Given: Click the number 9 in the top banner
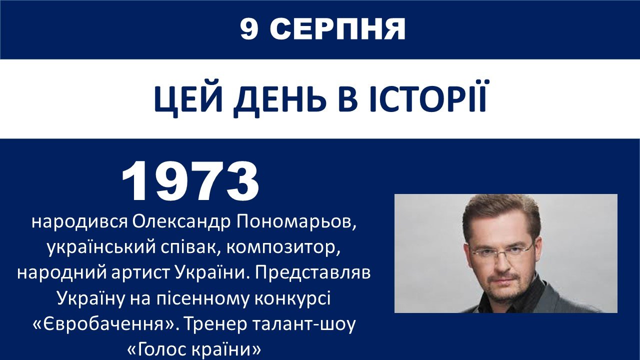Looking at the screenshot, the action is [x=249, y=29].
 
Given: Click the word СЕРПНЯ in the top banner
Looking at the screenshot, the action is [x=337, y=29].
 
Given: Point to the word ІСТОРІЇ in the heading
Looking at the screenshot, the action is [x=428, y=96].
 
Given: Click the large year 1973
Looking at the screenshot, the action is [x=190, y=181].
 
